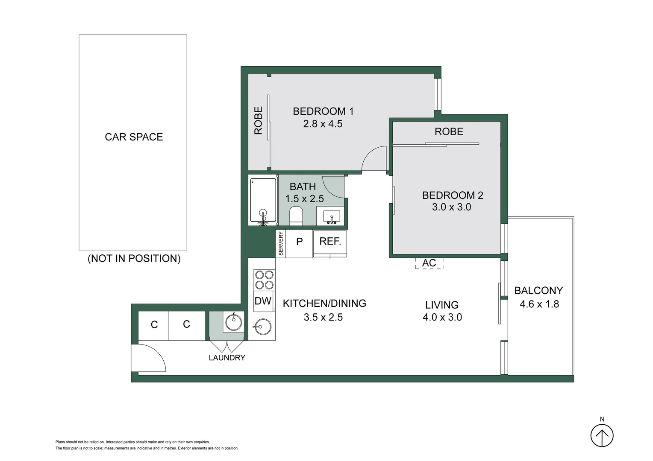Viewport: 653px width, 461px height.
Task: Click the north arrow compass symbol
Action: click(x=602, y=436)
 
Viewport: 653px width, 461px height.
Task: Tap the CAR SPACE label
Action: click(x=134, y=137)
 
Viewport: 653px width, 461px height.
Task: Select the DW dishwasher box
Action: click(x=263, y=301)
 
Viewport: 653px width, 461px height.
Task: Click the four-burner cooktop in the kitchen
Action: click(x=264, y=280)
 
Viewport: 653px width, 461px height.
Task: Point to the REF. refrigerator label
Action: click(x=330, y=242)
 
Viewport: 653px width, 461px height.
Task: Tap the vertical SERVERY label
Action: click(x=281, y=243)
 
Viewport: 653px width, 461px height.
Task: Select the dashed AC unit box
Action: click(x=429, y=263)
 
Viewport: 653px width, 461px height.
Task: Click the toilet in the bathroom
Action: click(x=296, y=216)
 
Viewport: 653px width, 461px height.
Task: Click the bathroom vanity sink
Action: click(x=331, y=216)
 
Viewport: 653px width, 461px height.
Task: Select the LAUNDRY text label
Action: click(x=227, y=358)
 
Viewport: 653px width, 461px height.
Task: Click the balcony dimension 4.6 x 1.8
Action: click(x=539, y=304)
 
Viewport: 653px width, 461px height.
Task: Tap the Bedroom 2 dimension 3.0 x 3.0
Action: click(x=451, y=207)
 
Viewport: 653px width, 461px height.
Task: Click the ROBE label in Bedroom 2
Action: click(x=449, y=132)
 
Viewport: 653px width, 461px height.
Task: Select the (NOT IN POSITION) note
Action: click(x=134, y=259)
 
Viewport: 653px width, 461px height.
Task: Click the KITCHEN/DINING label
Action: click(x=324, y=303)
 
